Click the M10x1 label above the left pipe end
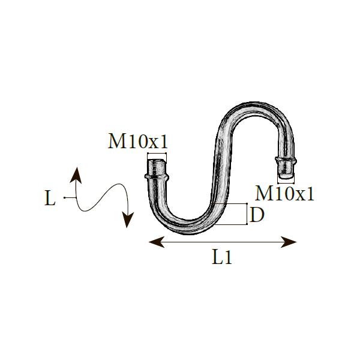click(x=138, y=141)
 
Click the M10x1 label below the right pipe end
click(x=284, y=194)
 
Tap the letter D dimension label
click(x=256, y=214)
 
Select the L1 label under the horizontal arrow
click(x=222, y=257)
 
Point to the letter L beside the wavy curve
click(x=50, y=198)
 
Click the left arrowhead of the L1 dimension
click(x=157, y=242)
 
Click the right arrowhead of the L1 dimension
click(x=289, y=242)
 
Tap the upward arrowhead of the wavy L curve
click(x=76, y=175)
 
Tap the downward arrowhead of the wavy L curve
click(x=128, y=220)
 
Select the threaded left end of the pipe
click(x=157, y=167)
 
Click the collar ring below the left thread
click(x=157, y=177)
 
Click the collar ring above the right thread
click(x=286, y=159)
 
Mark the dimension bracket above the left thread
click(x=157, y=154)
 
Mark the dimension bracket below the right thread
click(x=286, y=183)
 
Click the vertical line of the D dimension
click(x=247, y=214)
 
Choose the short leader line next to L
click(x=70, y=197)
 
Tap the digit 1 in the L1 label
click(x=228, y=257)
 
